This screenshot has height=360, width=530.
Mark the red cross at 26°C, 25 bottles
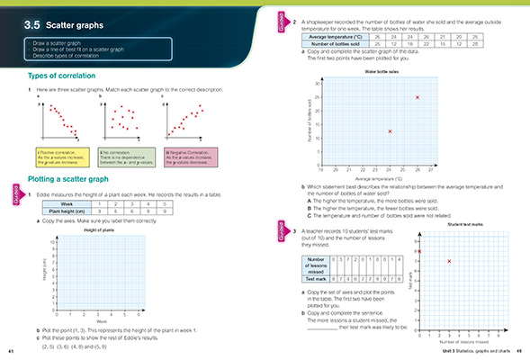click(417, 96)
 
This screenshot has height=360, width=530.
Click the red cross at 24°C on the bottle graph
click(390, 131)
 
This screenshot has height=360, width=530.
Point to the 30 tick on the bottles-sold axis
click(317, 83)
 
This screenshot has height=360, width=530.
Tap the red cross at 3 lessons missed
click(448, 260)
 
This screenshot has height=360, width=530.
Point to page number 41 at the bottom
click(10, 351)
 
